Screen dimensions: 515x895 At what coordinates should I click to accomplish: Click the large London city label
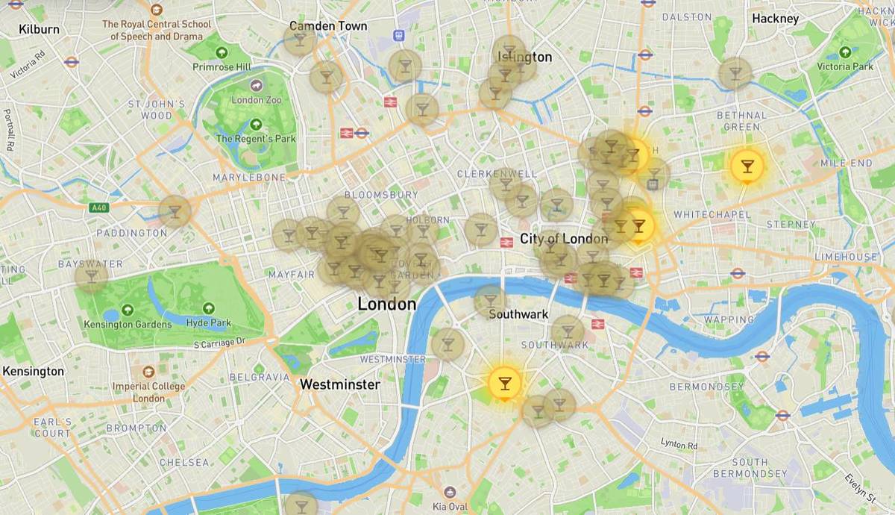coord(386,305)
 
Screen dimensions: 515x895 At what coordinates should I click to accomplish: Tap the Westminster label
coord(339,385)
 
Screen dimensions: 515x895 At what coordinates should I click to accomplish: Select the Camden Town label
coord(328,26)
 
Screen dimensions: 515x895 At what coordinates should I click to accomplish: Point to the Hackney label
coord(775,19)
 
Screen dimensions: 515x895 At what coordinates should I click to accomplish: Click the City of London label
coord(564,239)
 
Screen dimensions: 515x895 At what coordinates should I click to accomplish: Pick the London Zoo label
coord(257,99)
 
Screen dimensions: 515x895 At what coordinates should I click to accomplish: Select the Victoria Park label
coord(844,66)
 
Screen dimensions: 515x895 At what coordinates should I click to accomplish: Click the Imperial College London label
coord(148,392)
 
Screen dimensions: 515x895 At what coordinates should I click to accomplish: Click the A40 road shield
coord(98,207)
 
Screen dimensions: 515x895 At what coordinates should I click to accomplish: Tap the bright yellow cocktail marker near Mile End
coord(747,166)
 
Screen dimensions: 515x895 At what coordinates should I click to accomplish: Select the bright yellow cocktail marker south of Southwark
coord(505,383)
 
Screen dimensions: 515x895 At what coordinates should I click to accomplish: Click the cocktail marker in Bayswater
coord(91,276)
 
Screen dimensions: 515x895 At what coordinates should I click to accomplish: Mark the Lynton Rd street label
coord(679,445)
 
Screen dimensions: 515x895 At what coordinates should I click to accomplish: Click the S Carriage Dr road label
coord(219,343)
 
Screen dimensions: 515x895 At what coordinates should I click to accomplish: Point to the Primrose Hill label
coord(222,66)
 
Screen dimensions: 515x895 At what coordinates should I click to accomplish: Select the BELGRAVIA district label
coord(260,378)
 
